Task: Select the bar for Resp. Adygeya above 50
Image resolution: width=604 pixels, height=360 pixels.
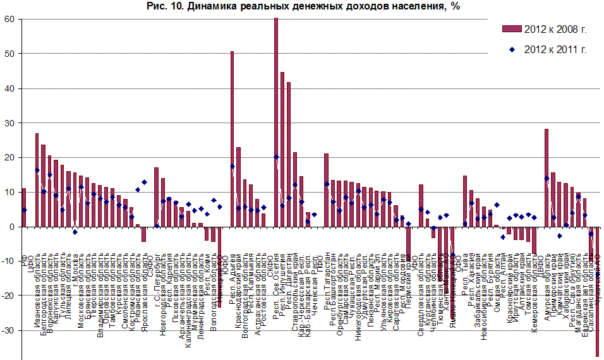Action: click(x=233, y=139)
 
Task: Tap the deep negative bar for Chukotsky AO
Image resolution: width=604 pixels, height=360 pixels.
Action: click(x=597, y=291)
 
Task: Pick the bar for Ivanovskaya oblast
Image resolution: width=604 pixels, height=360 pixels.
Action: click(x=37, y=180)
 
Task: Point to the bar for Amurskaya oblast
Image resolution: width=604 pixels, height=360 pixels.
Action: click(x=547, y=177)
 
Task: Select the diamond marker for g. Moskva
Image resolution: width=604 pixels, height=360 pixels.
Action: click(x=75, y=232)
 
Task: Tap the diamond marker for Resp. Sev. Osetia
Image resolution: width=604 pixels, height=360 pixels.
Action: click(x=276, y=157)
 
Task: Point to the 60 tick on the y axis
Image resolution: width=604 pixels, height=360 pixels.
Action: click(x=9, y=19)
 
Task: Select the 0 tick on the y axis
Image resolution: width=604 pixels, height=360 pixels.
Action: click(x=11, y=226)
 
